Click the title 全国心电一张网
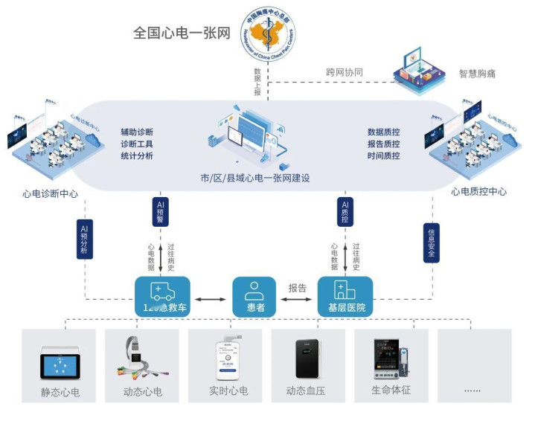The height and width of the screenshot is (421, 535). [x=182, y=34]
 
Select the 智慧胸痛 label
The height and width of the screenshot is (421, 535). [x=477, y=74]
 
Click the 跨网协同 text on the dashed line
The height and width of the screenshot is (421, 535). [x=345, y=73]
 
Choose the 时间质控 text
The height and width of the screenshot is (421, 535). [x=383, y=156]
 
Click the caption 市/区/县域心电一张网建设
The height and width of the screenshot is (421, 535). [x=254, y=179]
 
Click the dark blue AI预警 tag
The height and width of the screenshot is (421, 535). [x=161, y=210]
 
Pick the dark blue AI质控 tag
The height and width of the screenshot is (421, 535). [x=345, y=210]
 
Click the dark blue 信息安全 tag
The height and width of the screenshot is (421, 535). [x=430, y=242]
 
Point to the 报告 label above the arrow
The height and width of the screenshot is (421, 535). [x=298, y=287]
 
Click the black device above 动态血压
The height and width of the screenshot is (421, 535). [x=307, y=359]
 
